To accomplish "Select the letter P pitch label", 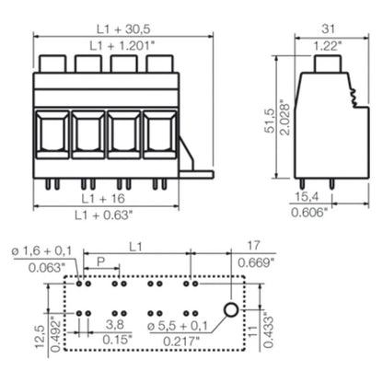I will [x=99, y=261].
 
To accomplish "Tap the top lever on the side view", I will [x=328, y=64].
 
